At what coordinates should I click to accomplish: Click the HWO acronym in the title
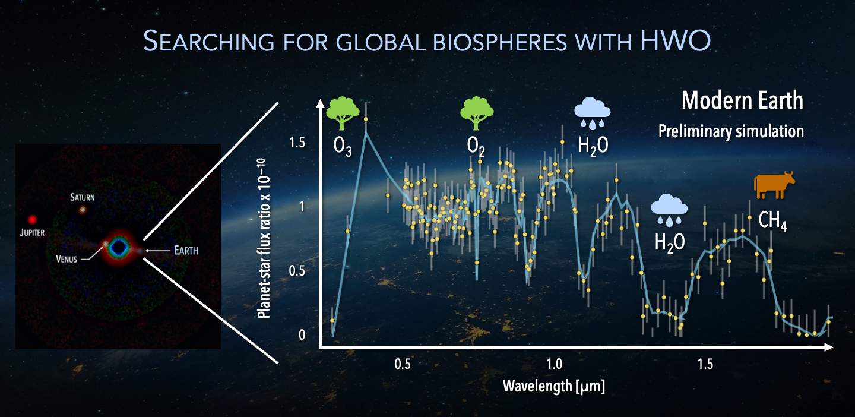pos(675,40)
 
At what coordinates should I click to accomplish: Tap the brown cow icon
pos(774,185)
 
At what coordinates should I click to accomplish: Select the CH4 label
pos(772,221)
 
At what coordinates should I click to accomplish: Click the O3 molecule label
pos(343,147)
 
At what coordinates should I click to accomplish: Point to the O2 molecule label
pos(476,147)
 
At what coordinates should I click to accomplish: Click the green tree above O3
pos(343,113)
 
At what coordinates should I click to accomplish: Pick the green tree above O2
pos(476,113)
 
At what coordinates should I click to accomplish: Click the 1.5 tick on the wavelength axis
pos(705,364)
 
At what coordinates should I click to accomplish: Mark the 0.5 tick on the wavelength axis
pos(403,364)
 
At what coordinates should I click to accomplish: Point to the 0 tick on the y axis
pos(302,335)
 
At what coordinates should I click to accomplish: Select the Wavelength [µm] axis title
pos(554,386)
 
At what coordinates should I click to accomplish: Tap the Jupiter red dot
pos(33,220)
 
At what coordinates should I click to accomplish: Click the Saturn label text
pos(83,197)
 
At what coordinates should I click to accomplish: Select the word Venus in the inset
pos(66,259)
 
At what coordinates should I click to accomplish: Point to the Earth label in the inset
pos(186,251)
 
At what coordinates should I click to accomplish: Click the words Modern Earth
pos(742,100)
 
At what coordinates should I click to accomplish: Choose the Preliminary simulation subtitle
pos(731,131)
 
